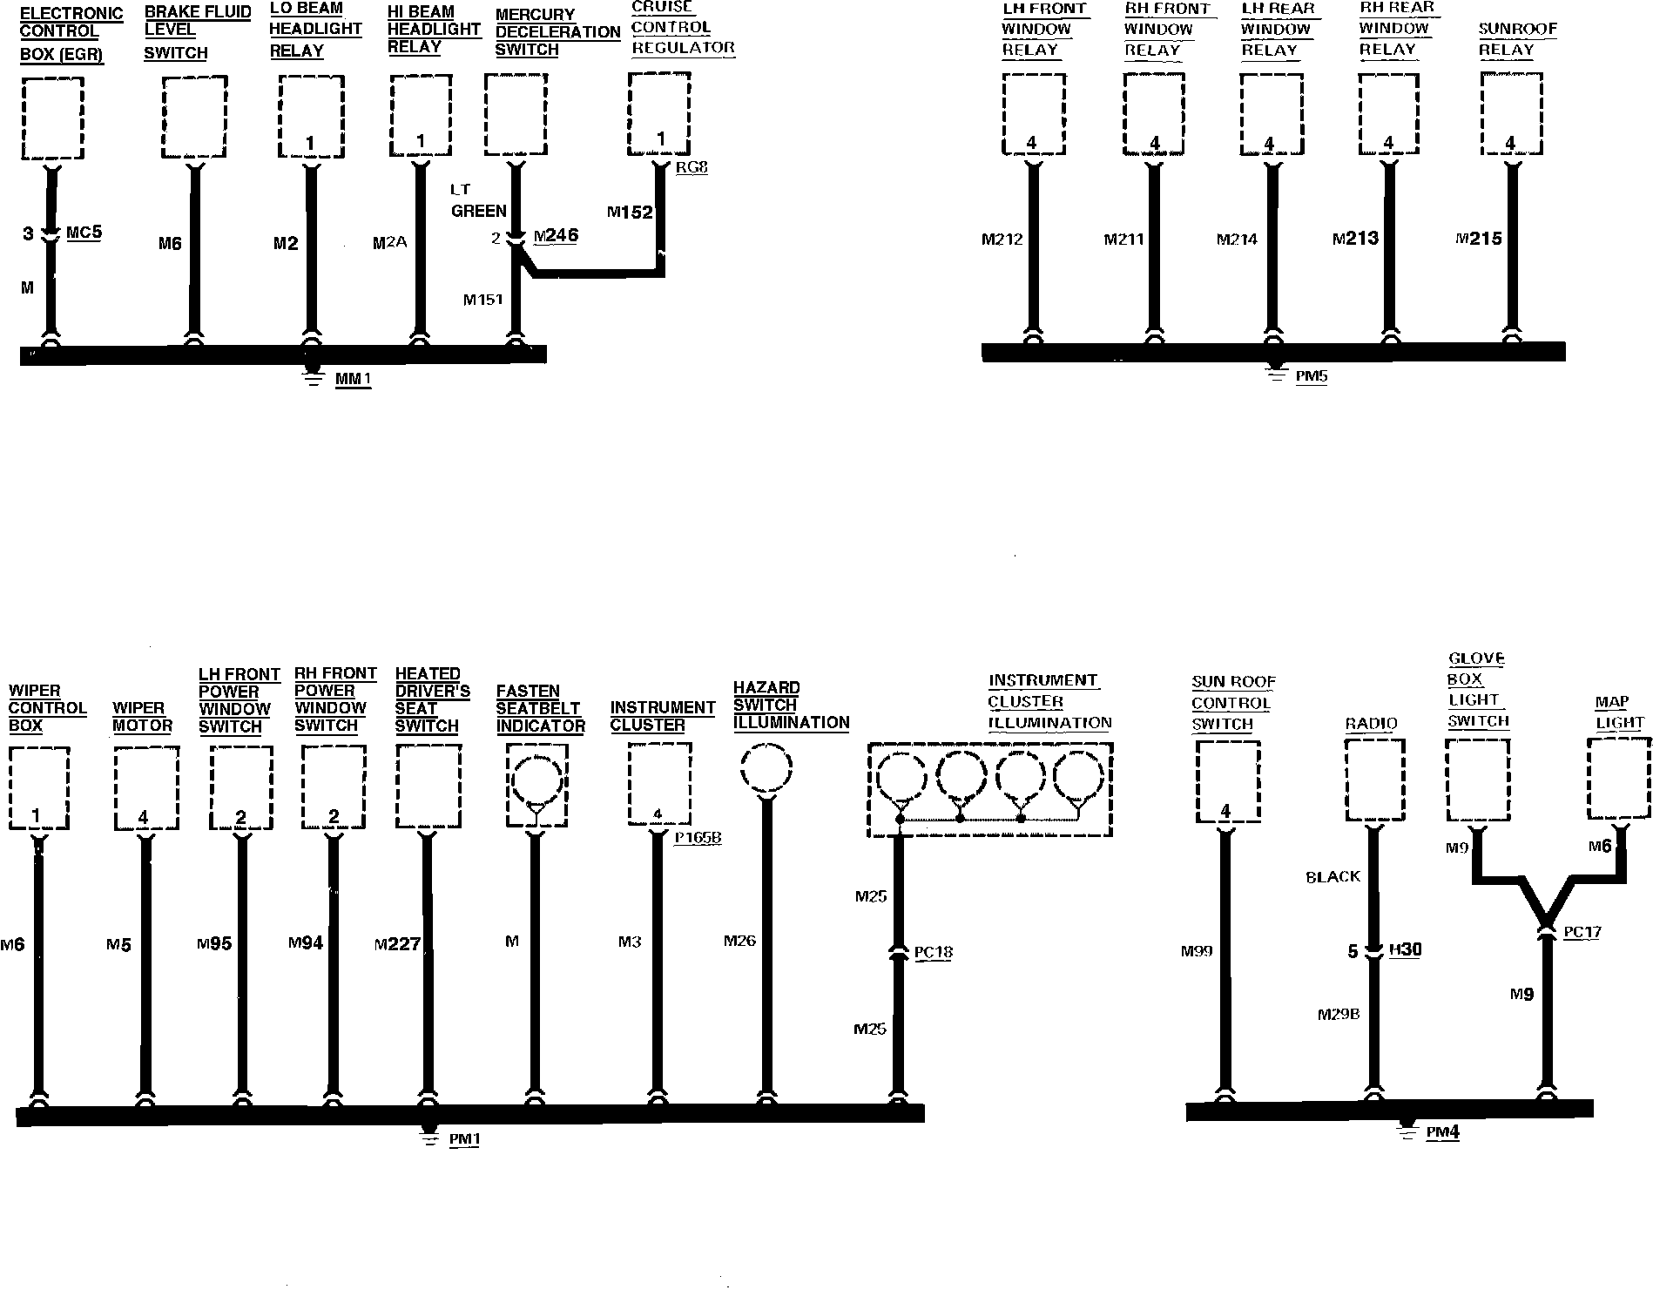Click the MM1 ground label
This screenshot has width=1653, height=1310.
pos(354,380)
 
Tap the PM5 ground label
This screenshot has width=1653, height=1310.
pos(1312,377)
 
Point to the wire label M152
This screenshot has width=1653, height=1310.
pos(630,212)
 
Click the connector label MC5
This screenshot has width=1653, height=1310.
pos(84,233)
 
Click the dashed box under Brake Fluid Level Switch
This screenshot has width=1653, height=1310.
pos(194,117)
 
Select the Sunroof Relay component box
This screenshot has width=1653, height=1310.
pos(1511,113)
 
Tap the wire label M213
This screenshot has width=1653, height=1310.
pos(1355,239)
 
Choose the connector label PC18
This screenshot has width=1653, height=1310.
pos(934,952)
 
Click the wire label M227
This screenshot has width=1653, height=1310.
pos(397,944)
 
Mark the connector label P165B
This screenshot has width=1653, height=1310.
pos(698,839)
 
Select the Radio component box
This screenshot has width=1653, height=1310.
pos(1375,780)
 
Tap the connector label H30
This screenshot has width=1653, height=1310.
pos(1405,950)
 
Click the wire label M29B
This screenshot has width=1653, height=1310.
pos(1339,1014)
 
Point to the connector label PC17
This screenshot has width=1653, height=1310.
pos(1582,932)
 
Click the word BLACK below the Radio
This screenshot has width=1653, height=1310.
pos(1333,877)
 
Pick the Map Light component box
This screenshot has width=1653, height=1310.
pos(1619,779)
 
